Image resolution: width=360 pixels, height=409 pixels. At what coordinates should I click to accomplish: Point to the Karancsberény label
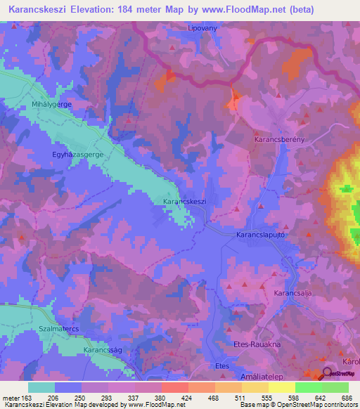click(x=278, y=140)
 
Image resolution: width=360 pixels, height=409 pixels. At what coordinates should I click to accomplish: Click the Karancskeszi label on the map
click(x=184, y=202)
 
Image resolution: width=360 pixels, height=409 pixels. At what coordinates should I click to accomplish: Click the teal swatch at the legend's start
click(x=41, y=387)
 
